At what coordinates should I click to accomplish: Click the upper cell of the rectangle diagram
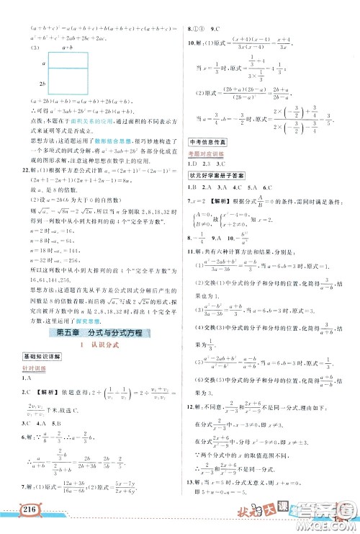point(69,61)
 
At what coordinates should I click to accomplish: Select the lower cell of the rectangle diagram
point(69,84)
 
